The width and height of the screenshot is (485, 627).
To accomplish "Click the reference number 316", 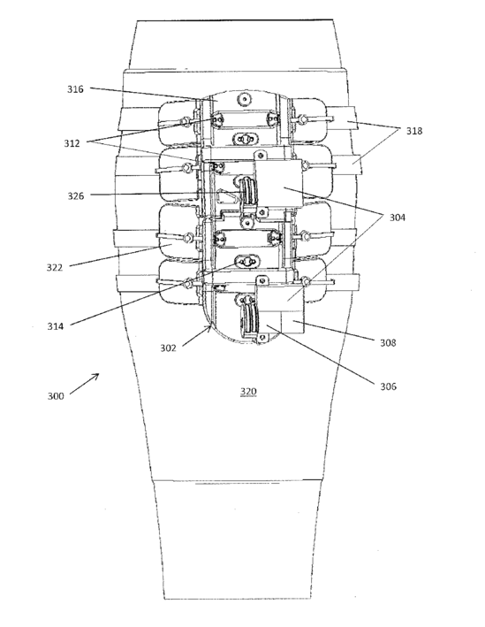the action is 75,89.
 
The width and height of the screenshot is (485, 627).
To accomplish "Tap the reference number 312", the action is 72,143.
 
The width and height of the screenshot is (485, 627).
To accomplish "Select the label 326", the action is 75,196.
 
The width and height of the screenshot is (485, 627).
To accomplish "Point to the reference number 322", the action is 55,267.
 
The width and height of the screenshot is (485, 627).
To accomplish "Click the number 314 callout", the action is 55,326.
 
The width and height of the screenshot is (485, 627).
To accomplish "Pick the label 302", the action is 168,348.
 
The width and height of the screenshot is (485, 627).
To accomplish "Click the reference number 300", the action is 56,396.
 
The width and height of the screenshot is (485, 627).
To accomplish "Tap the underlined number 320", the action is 247,392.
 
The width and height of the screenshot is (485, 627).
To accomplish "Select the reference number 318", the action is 414,131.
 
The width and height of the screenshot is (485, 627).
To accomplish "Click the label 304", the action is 398,218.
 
